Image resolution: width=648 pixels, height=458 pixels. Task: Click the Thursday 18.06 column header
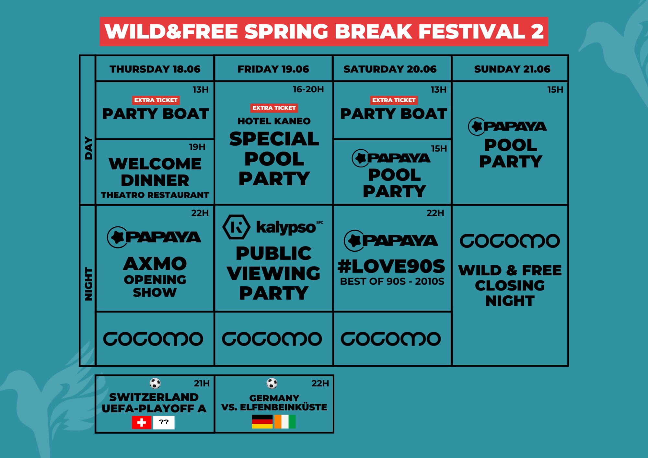point(155,69)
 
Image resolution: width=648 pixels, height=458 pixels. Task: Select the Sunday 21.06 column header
point(512,69)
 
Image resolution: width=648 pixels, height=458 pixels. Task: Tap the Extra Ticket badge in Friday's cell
point(274,108)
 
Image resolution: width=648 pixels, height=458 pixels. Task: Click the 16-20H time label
point(308,89)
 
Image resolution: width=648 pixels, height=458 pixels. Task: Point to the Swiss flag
point(141,422)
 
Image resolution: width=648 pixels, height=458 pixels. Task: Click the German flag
point(262,422)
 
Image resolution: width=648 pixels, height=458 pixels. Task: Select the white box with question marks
point(164,422)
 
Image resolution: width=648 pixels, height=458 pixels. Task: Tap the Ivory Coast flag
point(285,422)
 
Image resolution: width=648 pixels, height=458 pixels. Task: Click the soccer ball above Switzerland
point(155,384)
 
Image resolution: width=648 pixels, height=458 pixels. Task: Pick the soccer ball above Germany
point(272,384)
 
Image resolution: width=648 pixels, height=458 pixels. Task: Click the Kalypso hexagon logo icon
point(236,227)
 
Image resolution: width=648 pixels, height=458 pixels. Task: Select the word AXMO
point(155,264)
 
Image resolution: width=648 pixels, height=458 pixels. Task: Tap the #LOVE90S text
point(391,266)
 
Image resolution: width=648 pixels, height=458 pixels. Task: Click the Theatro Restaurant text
point(155,195)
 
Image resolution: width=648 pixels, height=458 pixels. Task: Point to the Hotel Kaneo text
point(274,121)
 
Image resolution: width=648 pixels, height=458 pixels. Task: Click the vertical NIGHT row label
point(88,284)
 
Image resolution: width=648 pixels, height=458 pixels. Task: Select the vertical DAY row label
point(88,148)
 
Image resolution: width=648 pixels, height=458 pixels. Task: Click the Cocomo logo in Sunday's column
point(510,241)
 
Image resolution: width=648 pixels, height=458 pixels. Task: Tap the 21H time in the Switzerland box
point(202,384)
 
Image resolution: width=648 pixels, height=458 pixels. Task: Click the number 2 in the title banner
point(537,31)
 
